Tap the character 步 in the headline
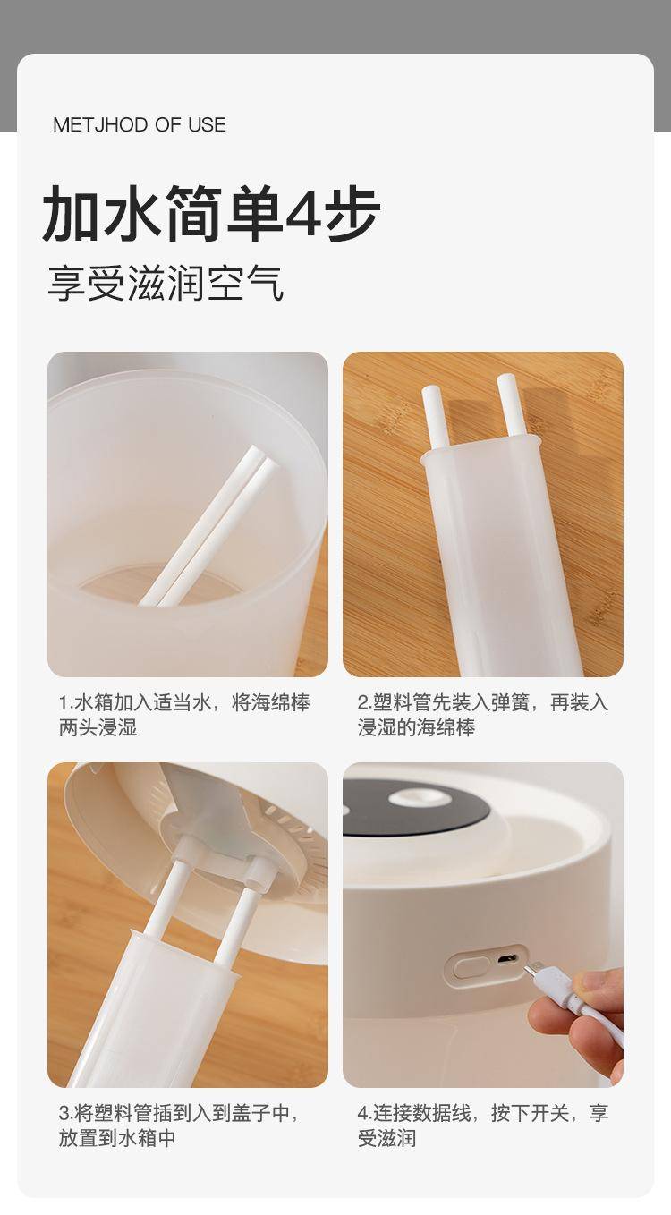click(x=352, y=212)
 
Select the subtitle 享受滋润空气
click(x=166, y=283)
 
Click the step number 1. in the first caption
click(x=65, y=703)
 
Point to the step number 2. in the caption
click(x=364, y=703)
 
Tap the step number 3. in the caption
click(x=65, y=1114)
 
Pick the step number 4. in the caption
click(x=364, y=1114)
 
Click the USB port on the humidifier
click(x=506, y=958)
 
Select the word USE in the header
click(x=207, y=124)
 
